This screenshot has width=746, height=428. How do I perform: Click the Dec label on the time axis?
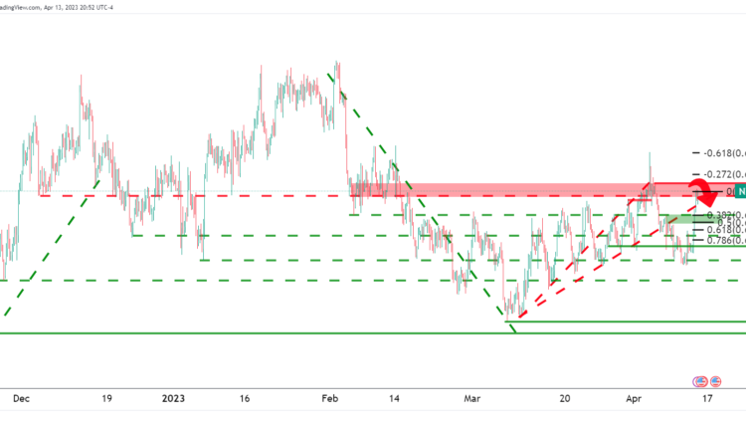click(x=18, y=397)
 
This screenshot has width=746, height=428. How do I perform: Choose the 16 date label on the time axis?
click(x=245, y=397)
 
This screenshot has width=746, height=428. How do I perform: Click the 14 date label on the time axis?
click(x=396, y=397)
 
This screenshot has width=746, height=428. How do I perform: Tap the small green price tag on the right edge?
click(x=738, y=191)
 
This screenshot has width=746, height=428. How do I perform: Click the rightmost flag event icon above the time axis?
click(x=715, y=381)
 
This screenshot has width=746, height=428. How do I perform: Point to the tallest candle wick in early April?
click(x=650, y=159)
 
